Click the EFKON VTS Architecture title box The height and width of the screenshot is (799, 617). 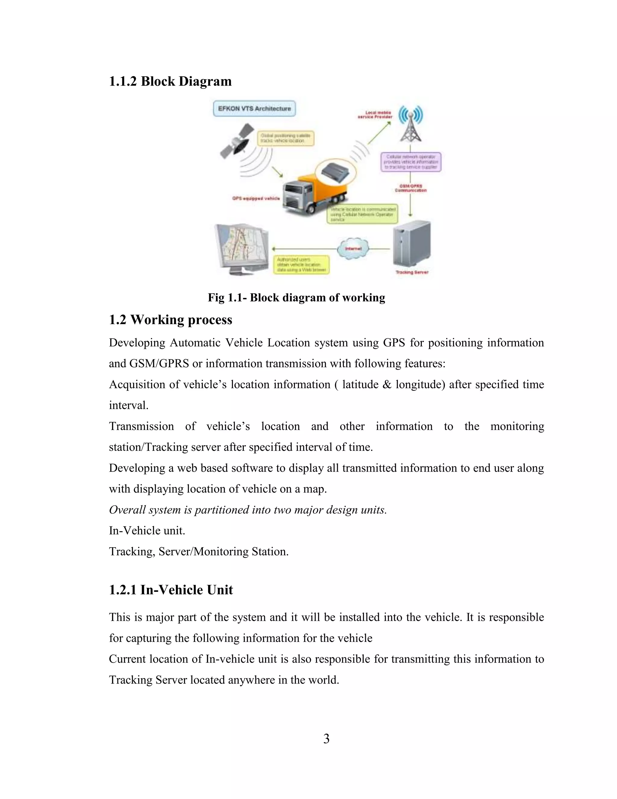click(x=254, y=109)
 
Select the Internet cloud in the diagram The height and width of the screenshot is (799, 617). click(x=353, y=249)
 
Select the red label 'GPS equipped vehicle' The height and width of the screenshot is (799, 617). click(x=256, y=198)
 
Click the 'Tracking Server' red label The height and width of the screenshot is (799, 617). click(x=412, y=272)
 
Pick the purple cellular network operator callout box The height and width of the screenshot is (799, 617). click(x=411, y=162)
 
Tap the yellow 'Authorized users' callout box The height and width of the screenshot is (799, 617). click(x=301, y=264)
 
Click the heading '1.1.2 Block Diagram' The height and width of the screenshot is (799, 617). click(x=170, y=81)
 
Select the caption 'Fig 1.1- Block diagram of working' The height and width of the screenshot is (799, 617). click(x=296, y=297)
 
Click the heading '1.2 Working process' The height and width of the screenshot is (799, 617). click(x=170, y=320)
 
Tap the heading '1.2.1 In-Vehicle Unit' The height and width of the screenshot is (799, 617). click(x=171, y=590)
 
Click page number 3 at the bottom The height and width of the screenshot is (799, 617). click(x=326, y=739)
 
